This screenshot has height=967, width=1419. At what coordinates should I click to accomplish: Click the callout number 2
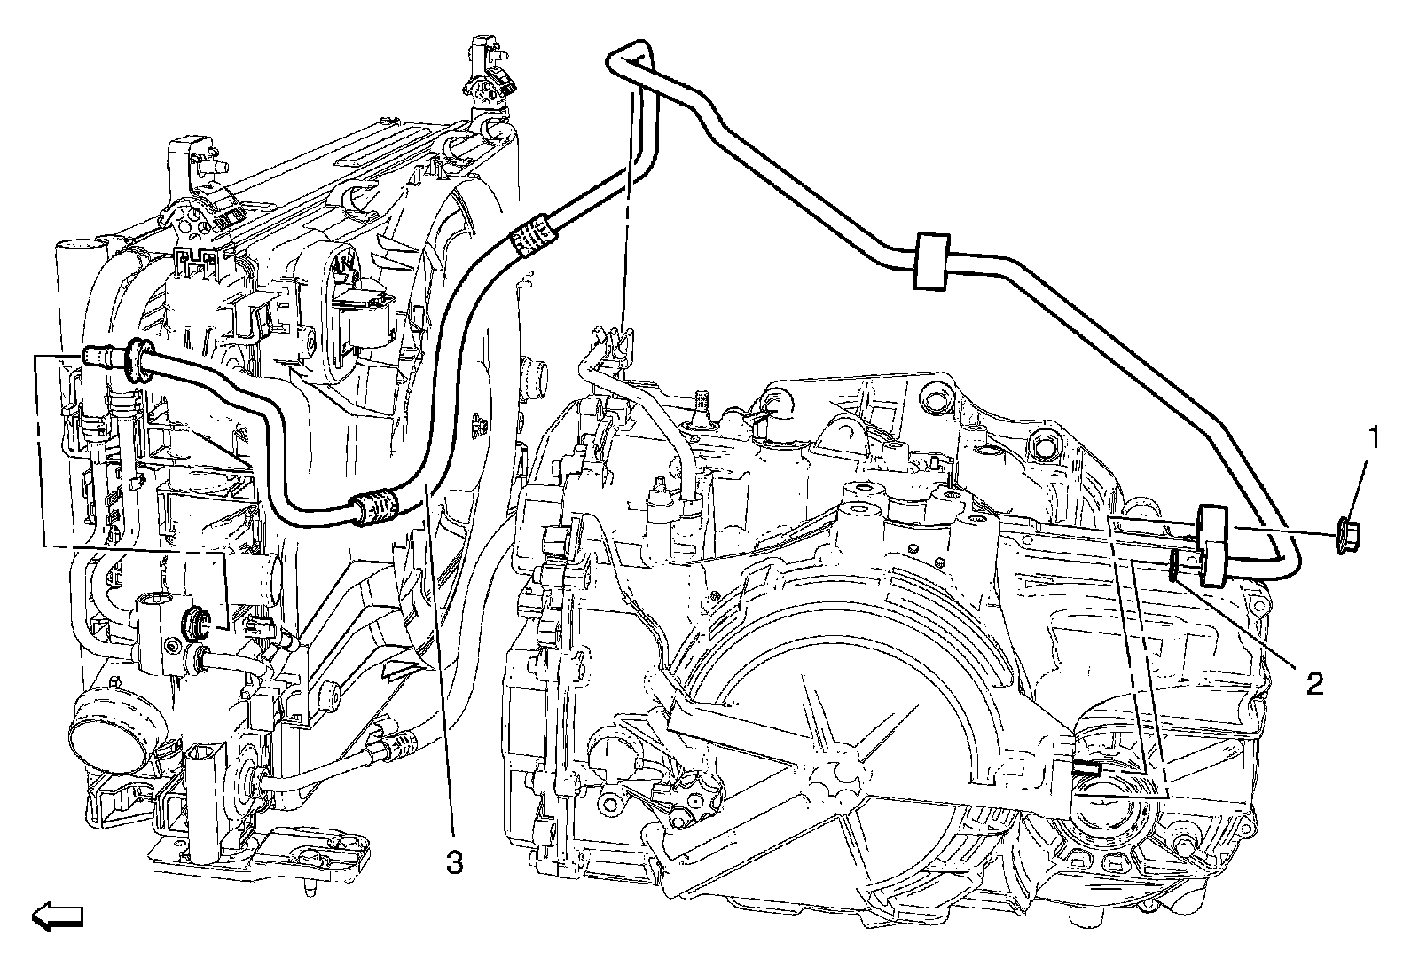[1314, 681]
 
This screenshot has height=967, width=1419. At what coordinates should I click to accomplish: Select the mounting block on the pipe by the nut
[1211, 545]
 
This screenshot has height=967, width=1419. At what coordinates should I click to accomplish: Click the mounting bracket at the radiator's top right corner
[486, 84]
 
